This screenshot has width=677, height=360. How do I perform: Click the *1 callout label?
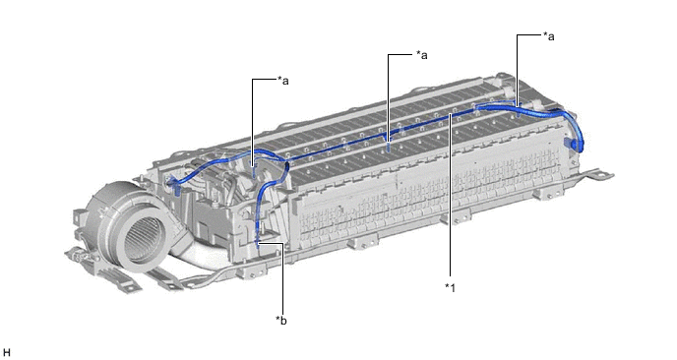pos(451,287)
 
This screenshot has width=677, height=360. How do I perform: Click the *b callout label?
pos(281,321)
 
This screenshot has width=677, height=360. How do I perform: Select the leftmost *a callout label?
pos(282,81)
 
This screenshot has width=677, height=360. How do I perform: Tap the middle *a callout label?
pos(421,55)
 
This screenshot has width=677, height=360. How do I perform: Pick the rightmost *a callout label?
pos(549,36)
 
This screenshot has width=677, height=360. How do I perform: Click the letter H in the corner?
pos(6,353)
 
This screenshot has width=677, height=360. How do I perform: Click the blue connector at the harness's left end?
pos(175,184)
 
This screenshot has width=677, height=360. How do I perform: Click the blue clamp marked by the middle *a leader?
pos(389,148)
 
